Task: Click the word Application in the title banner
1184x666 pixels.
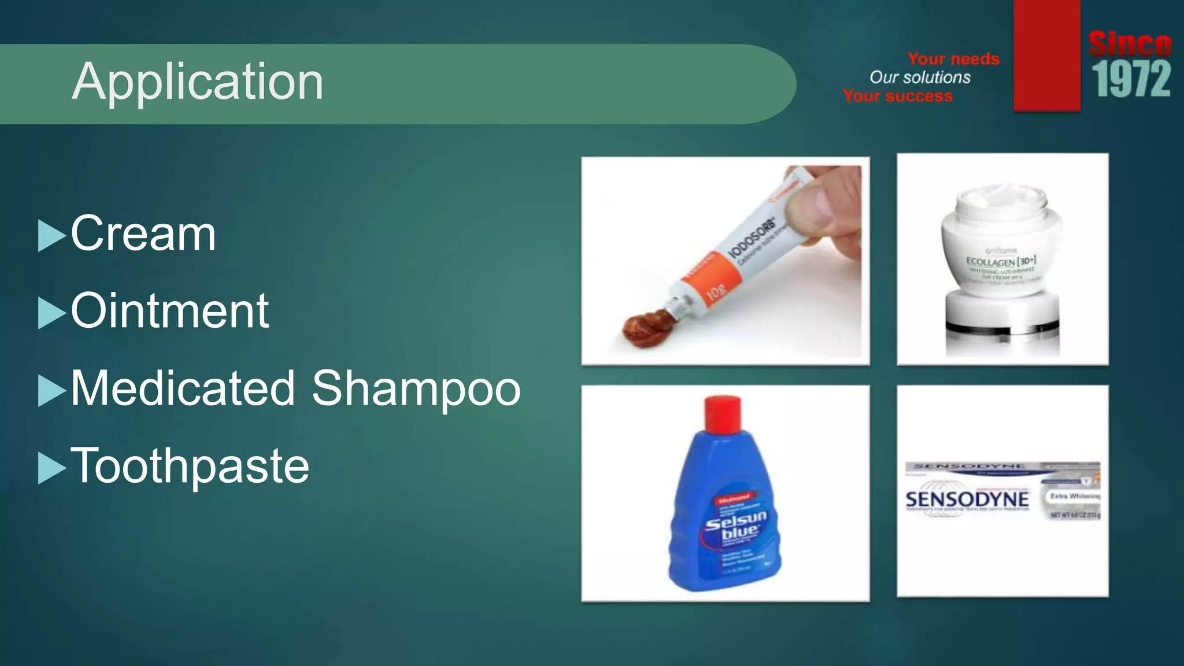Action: click(x=197, y=82)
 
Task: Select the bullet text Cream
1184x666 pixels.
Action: click(x=143, y=234)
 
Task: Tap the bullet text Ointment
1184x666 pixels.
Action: click(x=169, y=311)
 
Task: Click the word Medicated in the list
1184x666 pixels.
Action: click(x=183, y=388)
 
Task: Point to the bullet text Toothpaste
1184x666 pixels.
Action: click(x=190, y=466)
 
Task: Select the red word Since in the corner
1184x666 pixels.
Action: click(x=1130, y=44)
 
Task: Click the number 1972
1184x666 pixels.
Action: click(x=1131, y=80)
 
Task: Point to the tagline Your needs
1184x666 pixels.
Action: click(x=953, y=58)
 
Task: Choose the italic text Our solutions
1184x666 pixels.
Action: click(x=920, y=77)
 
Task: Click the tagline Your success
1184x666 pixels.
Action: click(x=897, y=96)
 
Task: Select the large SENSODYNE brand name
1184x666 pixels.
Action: click(x=967, y=499)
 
